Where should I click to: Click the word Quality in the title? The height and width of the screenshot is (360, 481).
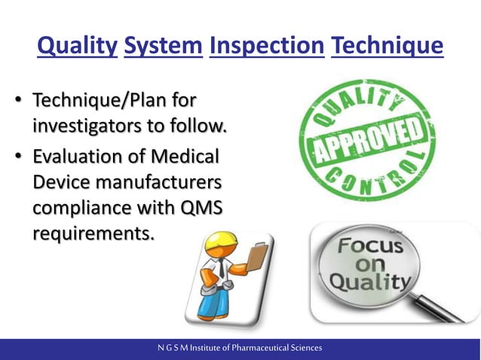coord(77,47)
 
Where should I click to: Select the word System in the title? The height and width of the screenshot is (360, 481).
coord(164,47)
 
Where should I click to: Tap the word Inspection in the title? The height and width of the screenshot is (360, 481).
coord(267,47)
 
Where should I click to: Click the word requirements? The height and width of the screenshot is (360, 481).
coord(92,233)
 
